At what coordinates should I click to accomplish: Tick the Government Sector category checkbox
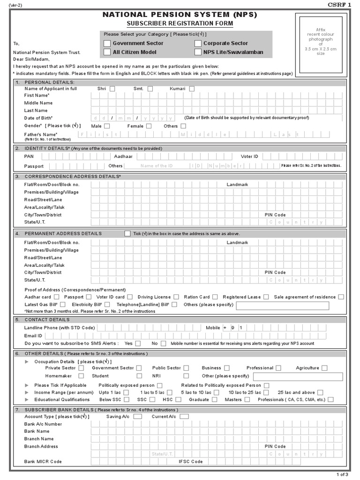[107, 43]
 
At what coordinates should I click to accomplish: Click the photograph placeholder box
[321, 44]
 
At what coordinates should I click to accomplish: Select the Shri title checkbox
[112, 89]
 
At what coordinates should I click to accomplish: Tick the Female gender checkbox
[149, 126]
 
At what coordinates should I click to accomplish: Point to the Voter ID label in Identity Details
[249, 156]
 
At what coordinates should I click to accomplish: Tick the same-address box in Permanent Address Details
[127, 233]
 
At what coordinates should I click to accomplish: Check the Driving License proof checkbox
[176, 297]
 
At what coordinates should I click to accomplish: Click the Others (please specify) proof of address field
[282, 306]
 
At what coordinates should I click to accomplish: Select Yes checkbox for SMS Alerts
[139, 344]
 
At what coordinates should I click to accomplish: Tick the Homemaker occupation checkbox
[81, 376]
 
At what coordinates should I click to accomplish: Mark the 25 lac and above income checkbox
[320, 392]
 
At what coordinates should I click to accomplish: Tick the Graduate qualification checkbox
[214, 400]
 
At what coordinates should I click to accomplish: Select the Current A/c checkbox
[184, 416]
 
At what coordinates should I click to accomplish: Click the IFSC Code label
[191, 462]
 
